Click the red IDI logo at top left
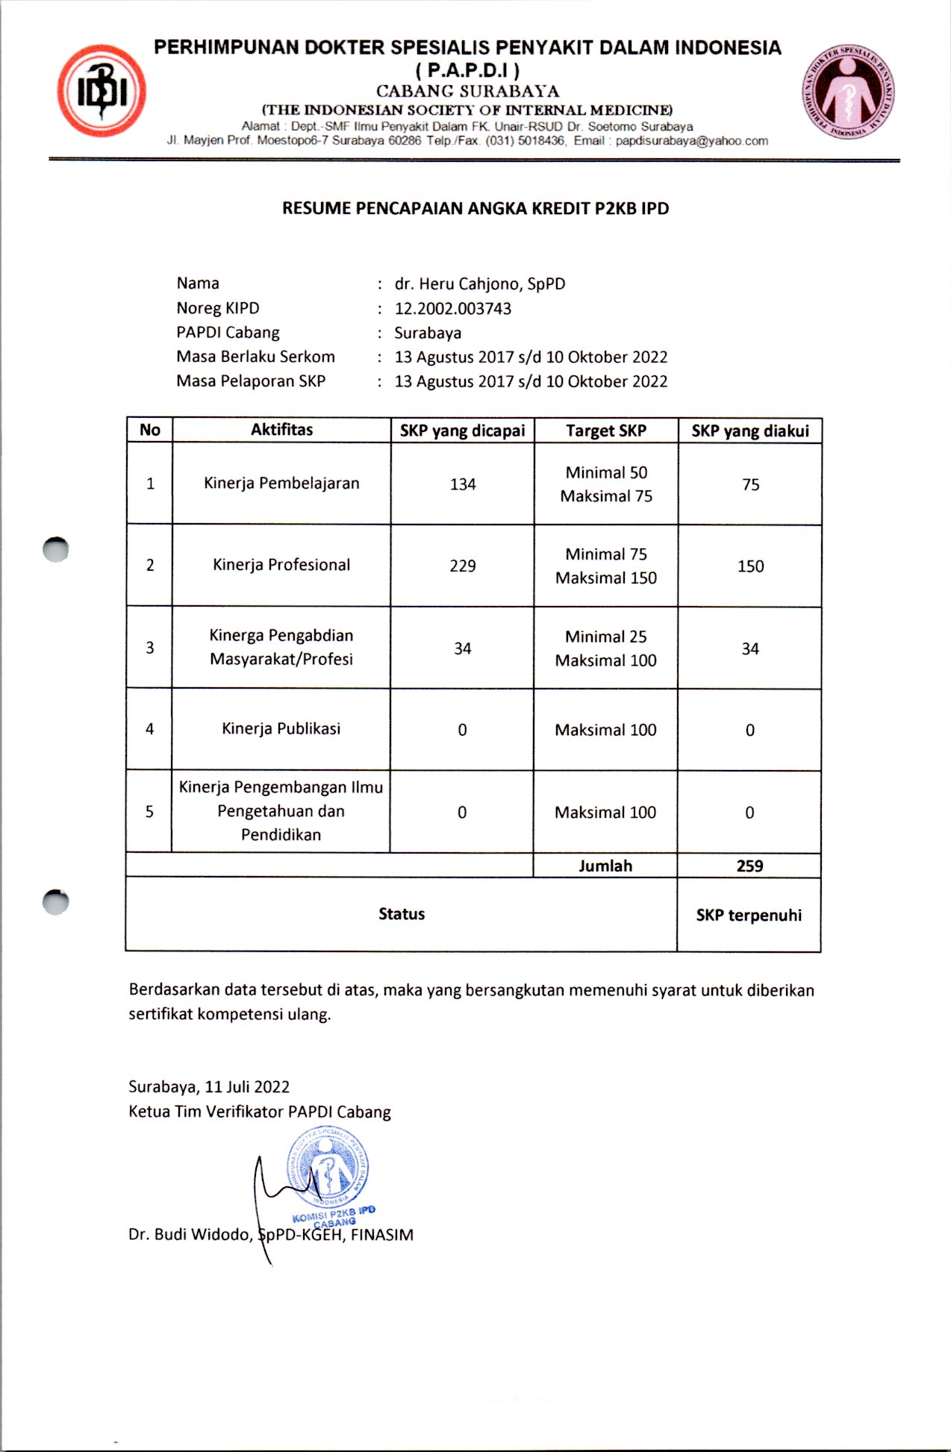[x=102, y=91]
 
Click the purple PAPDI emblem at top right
[x=848, y=93]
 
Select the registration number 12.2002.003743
[x=452, y=308]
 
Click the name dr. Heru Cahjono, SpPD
[x=479, y=284]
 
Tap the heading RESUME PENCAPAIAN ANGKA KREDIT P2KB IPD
[x=475, y=208]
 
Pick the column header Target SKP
[x=605, y=431]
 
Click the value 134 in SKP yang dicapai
[x=462, y=484]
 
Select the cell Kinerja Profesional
[x=281, y=565]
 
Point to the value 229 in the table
[x=462, y=566]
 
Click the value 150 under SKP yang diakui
[x=750, y=566]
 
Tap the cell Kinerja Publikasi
[x=281, y=728]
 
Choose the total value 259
[x=749, y=866]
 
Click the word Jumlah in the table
[x=605, y=866]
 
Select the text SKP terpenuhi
[x=749, y=915]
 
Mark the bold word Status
[x=401, y=914]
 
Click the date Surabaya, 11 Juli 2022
[x=209, y=1086]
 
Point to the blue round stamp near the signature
[x=328, y=1168]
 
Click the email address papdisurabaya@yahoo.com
[x=691, y=140]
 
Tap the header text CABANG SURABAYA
[x=467, y=91]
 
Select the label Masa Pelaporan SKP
[x=251, y=381]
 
